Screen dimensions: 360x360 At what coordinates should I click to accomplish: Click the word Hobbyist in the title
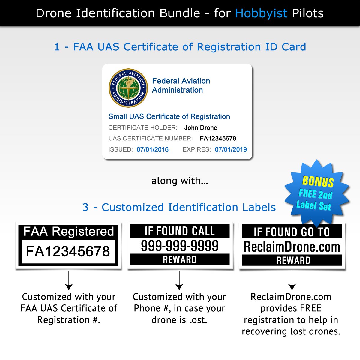click(x=261, y=13)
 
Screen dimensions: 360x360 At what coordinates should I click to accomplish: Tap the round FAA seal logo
click(x=128, y=88)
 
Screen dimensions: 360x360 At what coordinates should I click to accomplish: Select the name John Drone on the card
click(x=201, y=127)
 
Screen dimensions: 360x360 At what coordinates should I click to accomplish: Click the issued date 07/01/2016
click(x=153, y=149)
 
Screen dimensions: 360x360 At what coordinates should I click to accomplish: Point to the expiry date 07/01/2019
click(x=231, y=149)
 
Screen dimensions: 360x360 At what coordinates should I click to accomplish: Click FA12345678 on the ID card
click(x=218, y=138)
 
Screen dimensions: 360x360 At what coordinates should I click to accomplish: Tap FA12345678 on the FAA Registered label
click(x=68, y=251)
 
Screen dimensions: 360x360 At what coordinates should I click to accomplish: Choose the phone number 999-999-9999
click(x=180, y=246)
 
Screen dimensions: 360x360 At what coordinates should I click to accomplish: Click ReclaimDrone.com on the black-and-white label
click(x=292, y=247)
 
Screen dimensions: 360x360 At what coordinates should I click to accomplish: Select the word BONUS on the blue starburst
click(x=318, y=181)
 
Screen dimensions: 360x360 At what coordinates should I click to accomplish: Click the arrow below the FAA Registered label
click(x=69, y=280)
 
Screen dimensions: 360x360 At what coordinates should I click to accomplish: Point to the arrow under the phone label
click(x=179, y=280)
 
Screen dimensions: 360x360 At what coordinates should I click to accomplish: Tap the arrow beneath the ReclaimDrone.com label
click(x=292, y=280)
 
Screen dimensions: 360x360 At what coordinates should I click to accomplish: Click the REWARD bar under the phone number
click(x=180, y=260)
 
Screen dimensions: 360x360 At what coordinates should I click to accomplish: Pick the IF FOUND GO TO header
click(x=292, y=232)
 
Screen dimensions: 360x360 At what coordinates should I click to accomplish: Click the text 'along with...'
click(x=180, y=181)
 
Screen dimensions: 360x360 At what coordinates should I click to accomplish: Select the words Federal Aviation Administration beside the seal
click(x=181, y=85)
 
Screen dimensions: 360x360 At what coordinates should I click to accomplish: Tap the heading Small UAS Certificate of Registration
click(x=169, y=116)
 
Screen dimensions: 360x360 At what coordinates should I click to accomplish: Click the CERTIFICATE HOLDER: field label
click(x=143, y=127)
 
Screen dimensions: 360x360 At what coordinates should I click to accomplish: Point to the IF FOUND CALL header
click(x=180, y=231)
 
